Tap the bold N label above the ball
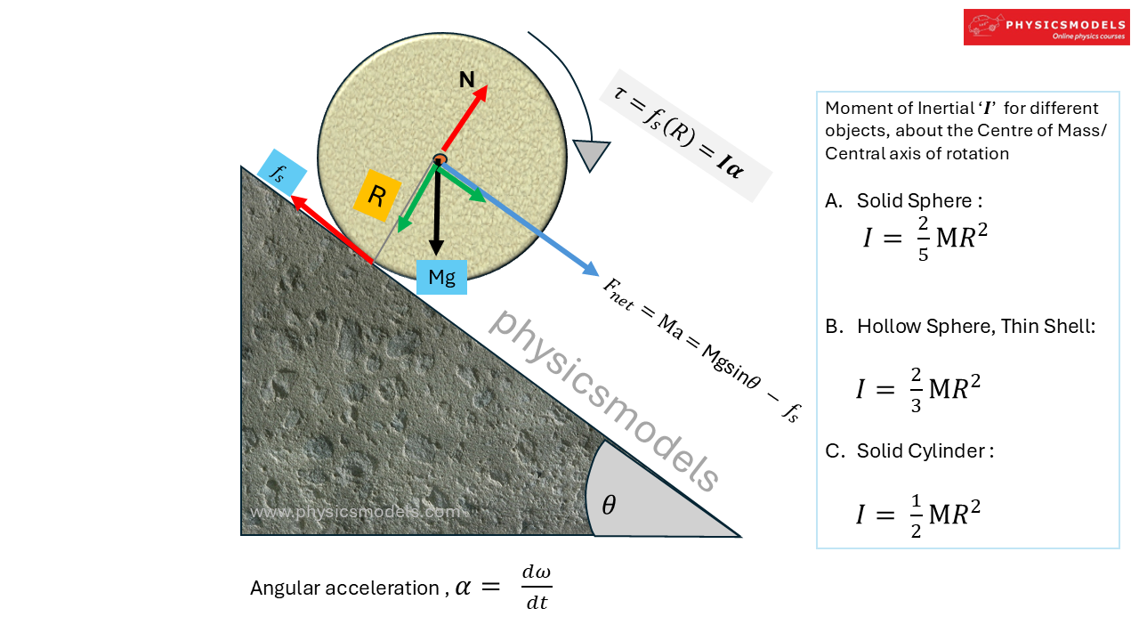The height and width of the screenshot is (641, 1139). [x=466, y=80]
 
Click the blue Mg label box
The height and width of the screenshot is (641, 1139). [x=441, y=277]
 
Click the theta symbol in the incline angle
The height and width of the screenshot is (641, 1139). [x=609, y=506]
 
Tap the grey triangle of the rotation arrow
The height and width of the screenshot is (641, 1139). [x=592, y=154]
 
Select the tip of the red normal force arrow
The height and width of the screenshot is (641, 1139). [x=487, y=87]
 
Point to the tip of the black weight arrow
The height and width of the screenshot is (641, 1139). [x=436, y=252]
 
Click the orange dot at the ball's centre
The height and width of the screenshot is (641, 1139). [x=440, y=159]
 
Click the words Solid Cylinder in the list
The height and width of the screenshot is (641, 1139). [x=921, y=451]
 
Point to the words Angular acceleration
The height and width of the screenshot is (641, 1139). [x=344, y=588]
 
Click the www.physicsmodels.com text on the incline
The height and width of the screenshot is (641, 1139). [x=356, y=513]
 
